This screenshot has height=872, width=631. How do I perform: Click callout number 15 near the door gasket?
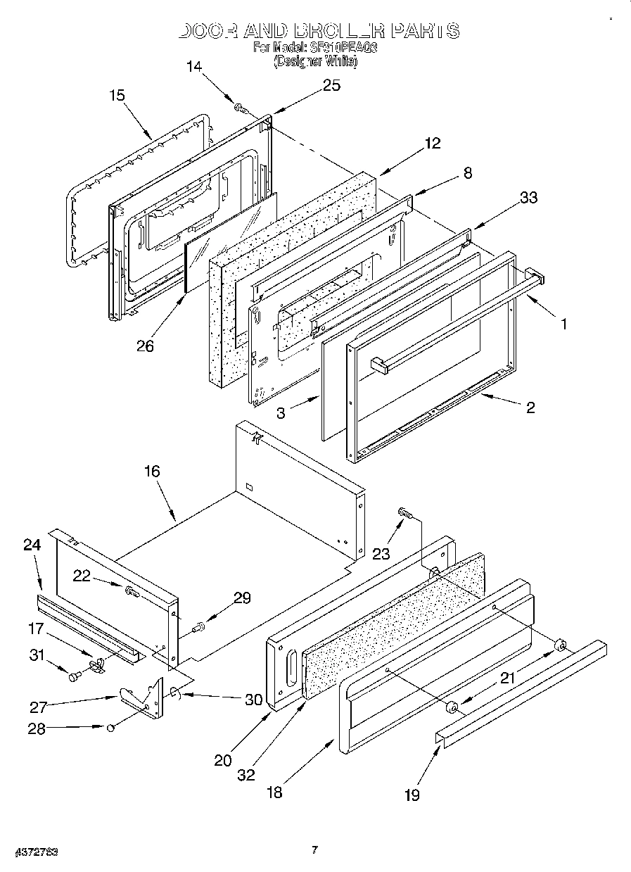117,95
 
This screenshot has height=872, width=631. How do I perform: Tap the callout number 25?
331,85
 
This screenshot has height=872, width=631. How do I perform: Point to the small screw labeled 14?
240,108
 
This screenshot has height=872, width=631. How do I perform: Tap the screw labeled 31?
73,677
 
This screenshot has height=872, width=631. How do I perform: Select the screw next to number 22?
132,593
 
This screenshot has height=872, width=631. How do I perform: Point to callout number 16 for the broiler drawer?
152,472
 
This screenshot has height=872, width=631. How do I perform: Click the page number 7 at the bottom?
315,849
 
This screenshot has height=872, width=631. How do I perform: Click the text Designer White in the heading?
315,62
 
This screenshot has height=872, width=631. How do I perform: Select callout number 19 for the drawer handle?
412,795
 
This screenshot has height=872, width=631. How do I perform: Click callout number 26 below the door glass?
146,346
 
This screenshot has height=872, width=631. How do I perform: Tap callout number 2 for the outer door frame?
530,407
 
